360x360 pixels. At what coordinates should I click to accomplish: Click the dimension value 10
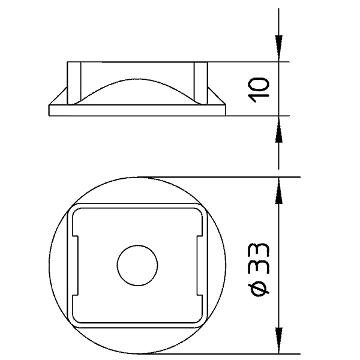tap(260, 90)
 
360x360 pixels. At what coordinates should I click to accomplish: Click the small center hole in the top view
tap(137, 265)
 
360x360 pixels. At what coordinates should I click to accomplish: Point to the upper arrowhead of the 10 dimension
tap(279, 49)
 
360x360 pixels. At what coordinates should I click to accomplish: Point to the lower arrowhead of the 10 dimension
tap(279, 129)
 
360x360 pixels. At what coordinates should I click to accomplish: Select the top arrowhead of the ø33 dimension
tap(279, 190)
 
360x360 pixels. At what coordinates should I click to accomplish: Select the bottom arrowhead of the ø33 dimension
tap(279, 340)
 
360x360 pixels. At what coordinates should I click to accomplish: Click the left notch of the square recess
tap(76, 265)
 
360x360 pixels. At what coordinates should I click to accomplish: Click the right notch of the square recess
tap(200, 265)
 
